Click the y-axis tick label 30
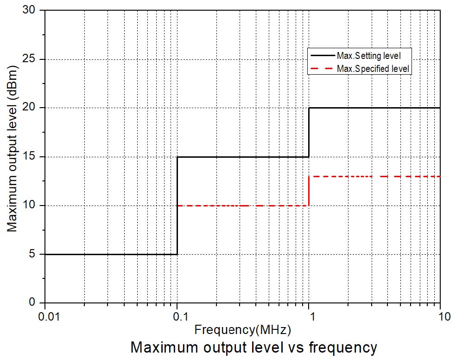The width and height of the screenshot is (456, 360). [x=32, y=10]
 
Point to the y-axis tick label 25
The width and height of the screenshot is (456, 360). [x=32, y=59]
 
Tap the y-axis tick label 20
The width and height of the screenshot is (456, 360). [x=32, y=108]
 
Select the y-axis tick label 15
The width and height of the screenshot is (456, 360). [x=32, y=157]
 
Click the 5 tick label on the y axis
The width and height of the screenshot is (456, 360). [x=34, y=254]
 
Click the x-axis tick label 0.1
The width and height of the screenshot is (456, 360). [x=177, y=317]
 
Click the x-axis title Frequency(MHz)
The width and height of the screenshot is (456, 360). [x=242, y=330]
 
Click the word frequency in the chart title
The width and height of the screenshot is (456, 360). [x=342, y=347]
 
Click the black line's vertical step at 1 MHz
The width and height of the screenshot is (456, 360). [x=309, y=132]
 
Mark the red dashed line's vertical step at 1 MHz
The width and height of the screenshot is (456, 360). [x=309, y=191]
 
